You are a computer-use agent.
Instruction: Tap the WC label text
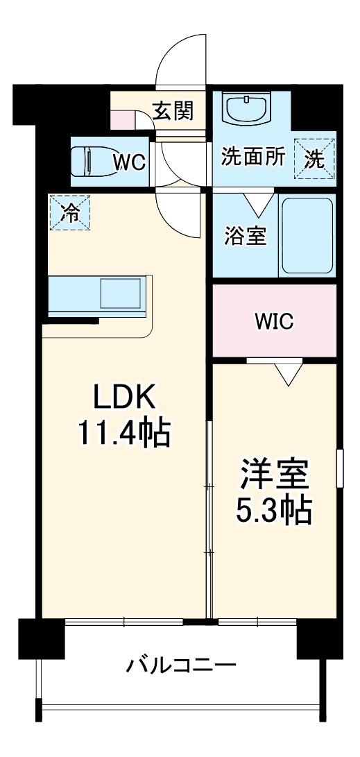pos(129,162)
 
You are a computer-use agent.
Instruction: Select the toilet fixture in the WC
pos(90,162)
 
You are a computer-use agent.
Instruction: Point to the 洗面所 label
pos(253,157)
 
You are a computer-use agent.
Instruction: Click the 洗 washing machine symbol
pos(315,159)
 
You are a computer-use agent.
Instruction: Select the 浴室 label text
pos(245,235)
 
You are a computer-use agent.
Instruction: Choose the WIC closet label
pos(274,321)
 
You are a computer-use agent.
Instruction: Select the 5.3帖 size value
pos(274,511)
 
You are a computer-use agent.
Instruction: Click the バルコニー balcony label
pos(180,666)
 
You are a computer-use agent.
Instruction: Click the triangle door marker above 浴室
pos(258,203)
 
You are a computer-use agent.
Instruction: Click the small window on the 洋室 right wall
pos(339,469)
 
